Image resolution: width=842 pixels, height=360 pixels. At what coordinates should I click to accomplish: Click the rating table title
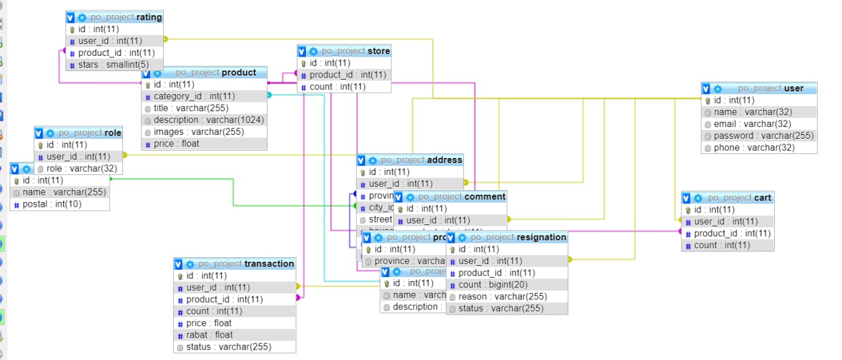(126, 17)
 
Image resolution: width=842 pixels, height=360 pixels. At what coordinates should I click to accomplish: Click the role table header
(89, 133)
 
